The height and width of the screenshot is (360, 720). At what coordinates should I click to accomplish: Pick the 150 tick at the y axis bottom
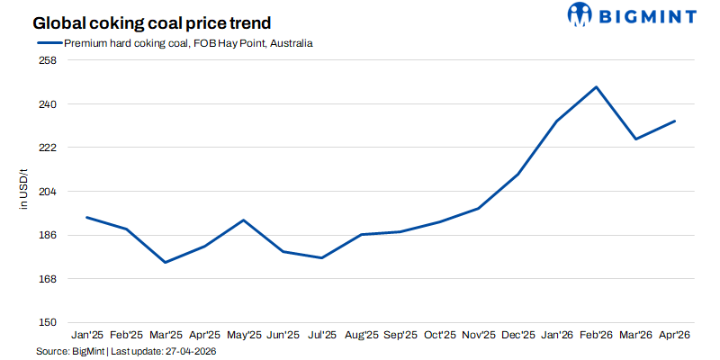pyautogui.click(x=48, y=322)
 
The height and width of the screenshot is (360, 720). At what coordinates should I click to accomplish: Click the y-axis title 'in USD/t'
pyautogui.click(x=24, y=192)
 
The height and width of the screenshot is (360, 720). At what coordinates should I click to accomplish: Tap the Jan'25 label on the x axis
pyautogui.click(x=87, y=335)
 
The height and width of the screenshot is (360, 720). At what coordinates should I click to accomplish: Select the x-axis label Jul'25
pyautogui.click(x=321, y=335)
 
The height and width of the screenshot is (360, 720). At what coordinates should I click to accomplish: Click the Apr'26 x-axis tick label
pyautogui.click(x=674, y=335)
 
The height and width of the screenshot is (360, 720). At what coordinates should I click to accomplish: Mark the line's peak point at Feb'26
pyautogui.click(x=596, y=87)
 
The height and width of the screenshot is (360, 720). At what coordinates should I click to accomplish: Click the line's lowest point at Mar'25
pyautogui.click(x=165, y=262)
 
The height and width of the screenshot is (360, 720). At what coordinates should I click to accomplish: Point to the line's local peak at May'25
pyautogui.click(x=243, y=220)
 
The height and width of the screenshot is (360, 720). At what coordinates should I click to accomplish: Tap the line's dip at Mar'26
pyautogui.click(x=635, y=139)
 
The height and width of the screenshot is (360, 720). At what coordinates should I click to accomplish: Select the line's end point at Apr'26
pyautogui.click(x=674, y=121)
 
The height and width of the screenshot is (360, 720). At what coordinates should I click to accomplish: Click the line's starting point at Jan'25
pyautogui.click(x=86, y=217)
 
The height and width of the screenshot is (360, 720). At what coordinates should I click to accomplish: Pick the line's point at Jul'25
pyautogui.click(x=321, y=258)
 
